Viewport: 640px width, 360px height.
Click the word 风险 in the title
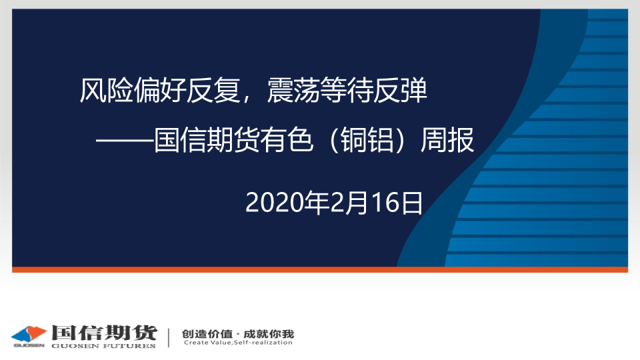click(x=106, y=90)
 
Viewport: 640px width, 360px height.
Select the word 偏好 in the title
click(x=159, y=90)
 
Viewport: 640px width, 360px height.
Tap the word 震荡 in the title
click(x=293, y=90)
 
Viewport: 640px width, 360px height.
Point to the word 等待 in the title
click(x=347, y=90)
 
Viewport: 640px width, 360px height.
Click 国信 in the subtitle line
click(x=180, y=140)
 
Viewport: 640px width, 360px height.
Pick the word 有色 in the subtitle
click(x=287, y=140)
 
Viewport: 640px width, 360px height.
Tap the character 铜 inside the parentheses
click(x=354, y=140)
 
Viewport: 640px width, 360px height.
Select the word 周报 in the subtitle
click(x=447, y=140)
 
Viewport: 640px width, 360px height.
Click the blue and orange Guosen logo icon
click(x=29, y=334)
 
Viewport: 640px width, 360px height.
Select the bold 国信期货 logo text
click(x=104, y=333)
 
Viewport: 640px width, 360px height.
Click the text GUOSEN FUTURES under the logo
click(x=104, y=346)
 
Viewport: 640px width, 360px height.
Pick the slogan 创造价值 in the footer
click(x=207, y=334)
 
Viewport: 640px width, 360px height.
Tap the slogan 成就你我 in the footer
click(x=269, y=334)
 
